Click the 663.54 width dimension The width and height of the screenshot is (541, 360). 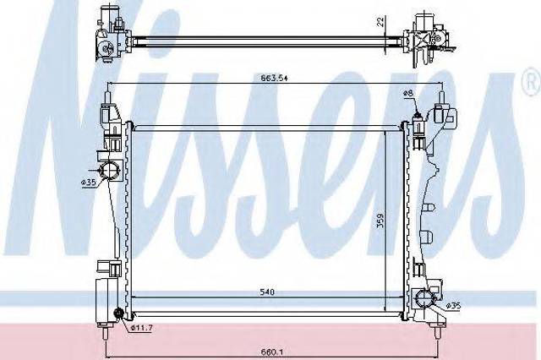click(x=274, y=78)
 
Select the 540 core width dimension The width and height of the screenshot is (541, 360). click(x=267, y=292)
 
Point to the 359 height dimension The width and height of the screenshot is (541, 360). click(x=380, y=220)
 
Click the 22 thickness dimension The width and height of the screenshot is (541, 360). click(x=380, y=22)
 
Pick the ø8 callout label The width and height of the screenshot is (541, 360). click(x=408, y=93)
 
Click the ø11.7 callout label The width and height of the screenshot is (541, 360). click(x=141, y=328)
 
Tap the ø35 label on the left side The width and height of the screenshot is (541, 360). click(x=89, y=183)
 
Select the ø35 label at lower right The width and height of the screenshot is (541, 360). click(x=453, y=306)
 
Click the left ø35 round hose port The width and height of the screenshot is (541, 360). click(x=109, y=170)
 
